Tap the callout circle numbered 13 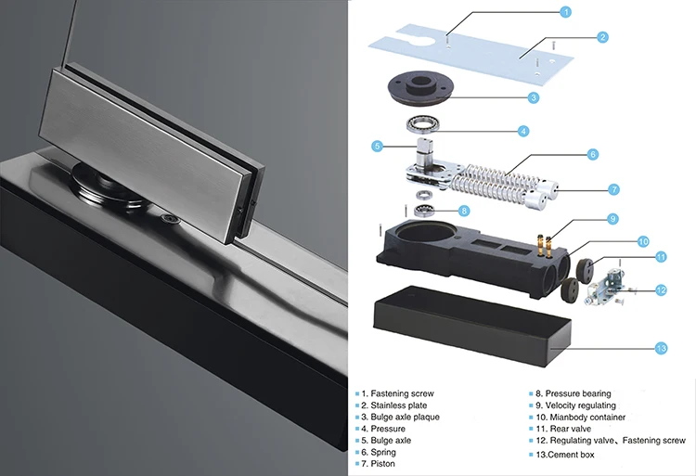tap(661, 348)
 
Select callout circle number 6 tap(593, 154)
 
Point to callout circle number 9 tap(612, 219)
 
